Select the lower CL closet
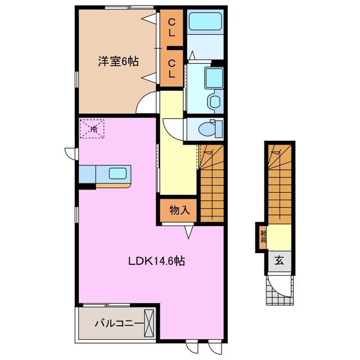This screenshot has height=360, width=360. coord(171,68)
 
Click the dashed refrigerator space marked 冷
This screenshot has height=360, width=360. coord(90,129)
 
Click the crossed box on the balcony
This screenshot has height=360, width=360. coord(150,323)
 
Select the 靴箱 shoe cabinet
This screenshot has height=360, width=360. coord(263,236)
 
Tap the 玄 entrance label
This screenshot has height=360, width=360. coord(278,260)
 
